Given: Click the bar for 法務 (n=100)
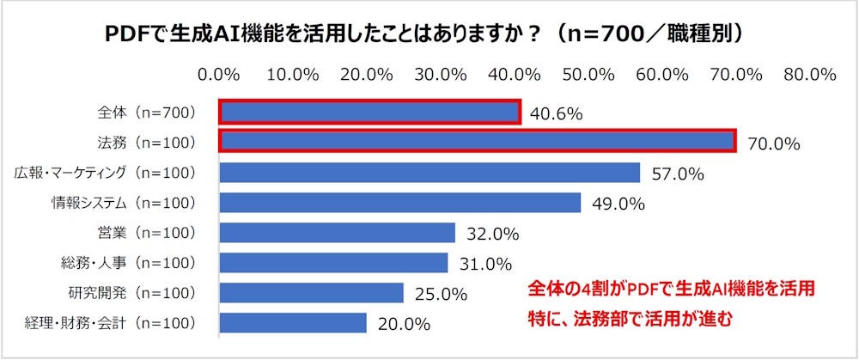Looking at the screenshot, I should tap(477, 142).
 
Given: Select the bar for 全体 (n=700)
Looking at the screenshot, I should tap(369, 113).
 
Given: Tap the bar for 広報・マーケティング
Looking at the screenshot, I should tap(429, 173).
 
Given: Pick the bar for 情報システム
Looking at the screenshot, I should tap(400, 203).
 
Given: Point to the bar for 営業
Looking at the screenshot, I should tap(338, 233).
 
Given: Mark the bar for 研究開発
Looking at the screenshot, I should tap(312, 293).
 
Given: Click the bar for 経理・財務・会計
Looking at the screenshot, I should tap(294, 323).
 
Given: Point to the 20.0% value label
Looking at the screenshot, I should tap(403, 324).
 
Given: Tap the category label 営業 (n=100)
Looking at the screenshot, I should tap(145, 233).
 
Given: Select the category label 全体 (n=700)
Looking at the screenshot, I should tap(145, 113).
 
